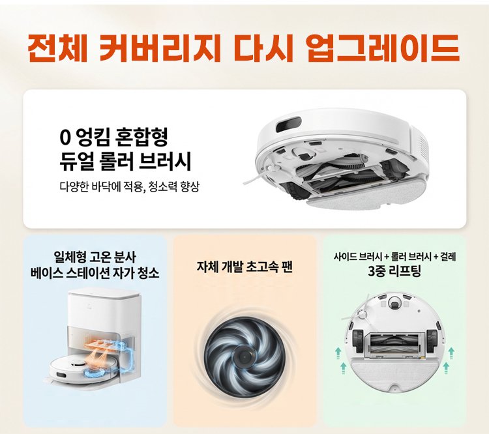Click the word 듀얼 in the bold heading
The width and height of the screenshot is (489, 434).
click(76, 159)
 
